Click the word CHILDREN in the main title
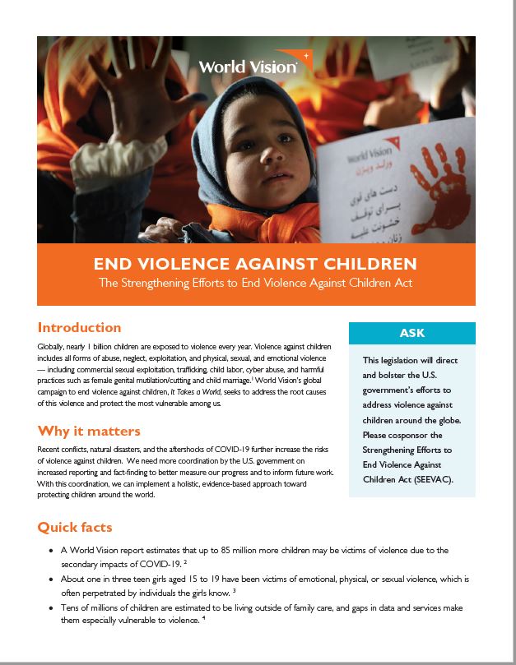tap(368, 265)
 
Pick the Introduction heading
tap(79, 327)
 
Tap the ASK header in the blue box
tap(412, 334)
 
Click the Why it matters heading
tap(89, 432)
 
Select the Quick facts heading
tap(75, 527)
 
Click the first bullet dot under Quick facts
tap(53, 550)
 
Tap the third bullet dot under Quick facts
tap(53, 607)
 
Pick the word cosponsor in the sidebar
tap(416, 435)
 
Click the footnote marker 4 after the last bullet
tap(203, 619)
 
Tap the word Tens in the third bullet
tap(71, 607)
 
